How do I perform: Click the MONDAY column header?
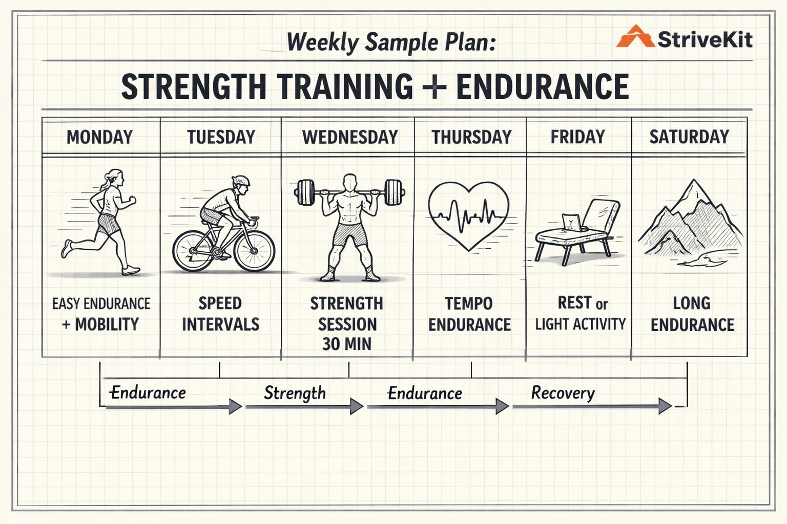[100, 137]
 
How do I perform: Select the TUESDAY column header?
[221, 137]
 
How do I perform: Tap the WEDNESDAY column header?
[350, 137]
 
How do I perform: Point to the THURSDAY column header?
[471, 137]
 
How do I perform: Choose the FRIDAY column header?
[577, 137]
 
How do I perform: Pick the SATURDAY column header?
[689, 137]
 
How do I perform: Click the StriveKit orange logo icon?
[635, 37]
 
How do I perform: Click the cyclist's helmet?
[241, 181]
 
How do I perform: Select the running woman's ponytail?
[107, 180]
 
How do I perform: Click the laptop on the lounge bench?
[571, 223]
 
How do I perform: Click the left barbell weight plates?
[305, 192]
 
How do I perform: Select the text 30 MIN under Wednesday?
[347, 344]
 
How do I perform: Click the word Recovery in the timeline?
[563, 393]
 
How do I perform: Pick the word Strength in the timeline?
[295, 393]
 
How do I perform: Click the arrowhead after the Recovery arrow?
[665, 406]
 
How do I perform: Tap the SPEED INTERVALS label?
[221, 314]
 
